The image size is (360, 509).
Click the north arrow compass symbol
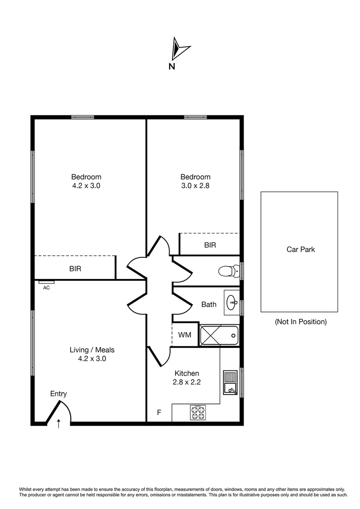[x=180, y=49]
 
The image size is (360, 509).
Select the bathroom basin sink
[x=231, y=303]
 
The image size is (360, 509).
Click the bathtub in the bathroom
[x=219, y=336]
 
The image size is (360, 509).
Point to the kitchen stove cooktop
[x=198, y=413]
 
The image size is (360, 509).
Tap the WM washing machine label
[x=185, y=335]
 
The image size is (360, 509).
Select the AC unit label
[x=47, y=287]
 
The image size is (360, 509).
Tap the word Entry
[x=59, y=394]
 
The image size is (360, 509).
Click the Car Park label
[x=301, y=249]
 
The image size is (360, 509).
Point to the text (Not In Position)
[x=301, y=322]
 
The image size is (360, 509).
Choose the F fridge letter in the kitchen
[x=159, y=413]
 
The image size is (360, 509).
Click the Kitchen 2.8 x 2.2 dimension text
[x=187, y=382]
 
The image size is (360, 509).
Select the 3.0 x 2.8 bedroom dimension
[x=196, y=186]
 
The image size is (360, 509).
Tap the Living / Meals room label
[x=92, y=350]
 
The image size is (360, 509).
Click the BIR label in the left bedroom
[x=75, y=269]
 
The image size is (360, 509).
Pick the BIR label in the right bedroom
[x=210, y=245]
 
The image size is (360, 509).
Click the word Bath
[x=209, y=304]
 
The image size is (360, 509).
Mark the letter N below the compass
[x=172, y=66]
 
